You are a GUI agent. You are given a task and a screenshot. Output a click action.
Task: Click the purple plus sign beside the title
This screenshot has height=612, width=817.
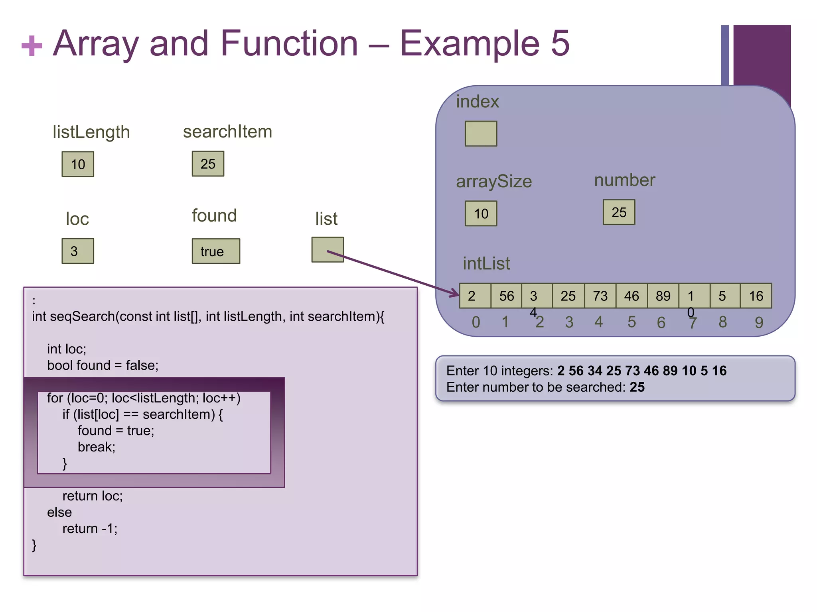(x=32, y=45)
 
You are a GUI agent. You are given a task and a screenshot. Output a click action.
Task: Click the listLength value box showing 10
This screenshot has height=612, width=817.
(x=78, y=164)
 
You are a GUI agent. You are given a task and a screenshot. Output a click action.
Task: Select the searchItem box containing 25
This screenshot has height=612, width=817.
(x=208, y=164)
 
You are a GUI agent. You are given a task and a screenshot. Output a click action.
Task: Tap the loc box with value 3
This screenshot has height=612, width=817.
(x=78, y=251)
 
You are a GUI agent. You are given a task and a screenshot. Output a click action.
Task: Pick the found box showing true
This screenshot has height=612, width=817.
(x=216, y=251)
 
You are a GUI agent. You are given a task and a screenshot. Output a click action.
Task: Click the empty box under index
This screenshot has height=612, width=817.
(x=481, y=134)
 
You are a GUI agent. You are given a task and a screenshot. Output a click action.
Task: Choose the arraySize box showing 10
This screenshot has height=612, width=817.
(x=481, y=214)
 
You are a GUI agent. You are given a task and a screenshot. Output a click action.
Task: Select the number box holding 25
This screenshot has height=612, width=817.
(x=619, y=212)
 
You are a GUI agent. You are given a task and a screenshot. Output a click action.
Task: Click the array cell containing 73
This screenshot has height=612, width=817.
(x=600, y=296)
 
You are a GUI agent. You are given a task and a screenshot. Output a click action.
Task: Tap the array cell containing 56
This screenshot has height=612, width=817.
(x=506, y=296)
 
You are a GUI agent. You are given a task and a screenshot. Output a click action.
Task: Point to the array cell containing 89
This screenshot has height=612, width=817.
(x=663, y=296)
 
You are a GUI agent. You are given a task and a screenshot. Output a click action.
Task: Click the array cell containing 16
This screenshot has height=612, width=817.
(x=756, y=296)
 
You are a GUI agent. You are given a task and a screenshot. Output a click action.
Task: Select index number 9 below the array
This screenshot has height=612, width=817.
(x=759, y=322)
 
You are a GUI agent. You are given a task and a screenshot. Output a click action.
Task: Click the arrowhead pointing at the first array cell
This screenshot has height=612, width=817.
(x=455, y=294)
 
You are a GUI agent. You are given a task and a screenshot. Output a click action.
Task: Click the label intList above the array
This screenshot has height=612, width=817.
(x=486, y=264)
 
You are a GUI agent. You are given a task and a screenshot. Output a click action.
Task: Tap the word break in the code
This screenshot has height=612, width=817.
(x=96, y=447)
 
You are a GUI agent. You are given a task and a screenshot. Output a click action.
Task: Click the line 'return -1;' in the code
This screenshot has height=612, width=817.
(x=90, y=529)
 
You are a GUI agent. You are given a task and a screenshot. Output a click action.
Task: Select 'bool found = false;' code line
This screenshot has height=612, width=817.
(x=103, y=365)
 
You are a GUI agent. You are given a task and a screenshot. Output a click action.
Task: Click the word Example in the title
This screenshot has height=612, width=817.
(x=470, y=43)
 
